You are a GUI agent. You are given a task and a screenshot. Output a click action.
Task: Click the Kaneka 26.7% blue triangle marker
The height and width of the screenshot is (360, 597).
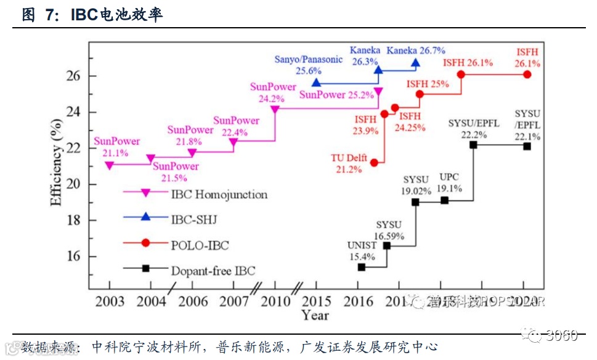point(416,63)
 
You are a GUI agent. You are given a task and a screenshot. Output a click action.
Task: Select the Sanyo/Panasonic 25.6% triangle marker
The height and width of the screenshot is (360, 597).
point(316,83)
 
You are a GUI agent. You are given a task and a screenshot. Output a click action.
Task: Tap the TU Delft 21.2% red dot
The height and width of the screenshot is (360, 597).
point(374,163)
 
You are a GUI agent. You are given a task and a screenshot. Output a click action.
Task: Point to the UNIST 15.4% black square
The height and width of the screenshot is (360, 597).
point(362,267)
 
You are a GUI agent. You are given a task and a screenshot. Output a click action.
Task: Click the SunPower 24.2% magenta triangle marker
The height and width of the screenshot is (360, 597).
point(275,110)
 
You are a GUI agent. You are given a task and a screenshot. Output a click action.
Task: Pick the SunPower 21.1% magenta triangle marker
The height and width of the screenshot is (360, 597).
point(110,165)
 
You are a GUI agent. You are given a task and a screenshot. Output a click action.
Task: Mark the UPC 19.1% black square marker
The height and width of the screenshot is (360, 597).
point(445,200)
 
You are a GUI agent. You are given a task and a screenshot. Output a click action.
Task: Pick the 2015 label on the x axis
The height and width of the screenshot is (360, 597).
point(316,301)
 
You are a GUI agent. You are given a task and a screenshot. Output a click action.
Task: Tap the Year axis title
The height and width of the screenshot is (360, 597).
point(315,315)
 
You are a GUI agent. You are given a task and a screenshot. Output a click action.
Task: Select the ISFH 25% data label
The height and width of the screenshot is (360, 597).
point(428,84)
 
